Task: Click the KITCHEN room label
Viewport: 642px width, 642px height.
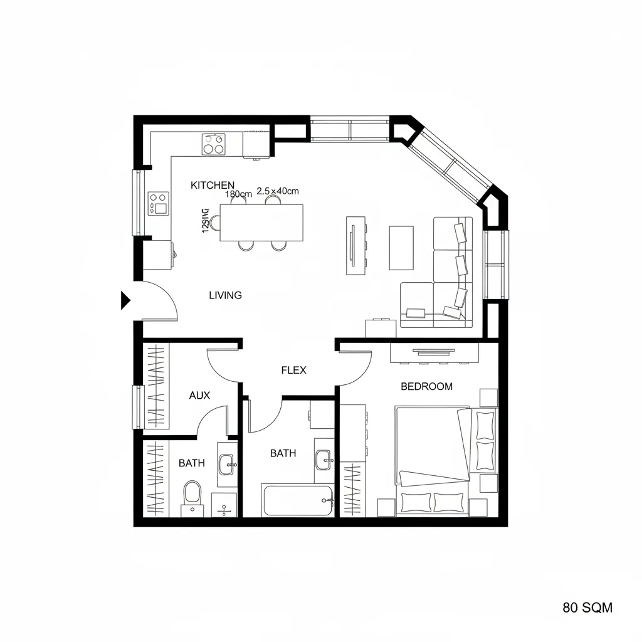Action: (213, 185)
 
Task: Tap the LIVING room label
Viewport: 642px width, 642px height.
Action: (225, 295)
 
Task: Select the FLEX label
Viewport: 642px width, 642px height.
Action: (293, 370)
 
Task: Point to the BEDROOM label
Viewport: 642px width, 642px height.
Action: (426, 386)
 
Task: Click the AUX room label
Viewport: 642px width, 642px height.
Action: (199, 396)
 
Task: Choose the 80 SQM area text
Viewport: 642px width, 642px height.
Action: (587, 607)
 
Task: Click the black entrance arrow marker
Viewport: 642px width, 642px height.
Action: (125, 301)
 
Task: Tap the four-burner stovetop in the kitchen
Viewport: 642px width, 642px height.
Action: (213, 144)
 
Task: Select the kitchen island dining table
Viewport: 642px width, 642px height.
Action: (261, 223)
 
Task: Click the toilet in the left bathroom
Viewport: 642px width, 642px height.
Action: (191, 493)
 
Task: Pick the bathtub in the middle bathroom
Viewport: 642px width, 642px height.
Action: (298, 500)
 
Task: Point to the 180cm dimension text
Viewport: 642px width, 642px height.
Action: (238, 194)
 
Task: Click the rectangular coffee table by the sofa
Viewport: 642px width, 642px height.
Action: (401, 248)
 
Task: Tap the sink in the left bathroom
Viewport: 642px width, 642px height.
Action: (226, 464)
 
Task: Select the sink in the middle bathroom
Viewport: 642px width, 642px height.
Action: (324, 459)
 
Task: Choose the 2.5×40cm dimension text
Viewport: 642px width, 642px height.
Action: (278, 191)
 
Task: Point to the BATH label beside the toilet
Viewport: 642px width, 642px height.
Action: (191, 463)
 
